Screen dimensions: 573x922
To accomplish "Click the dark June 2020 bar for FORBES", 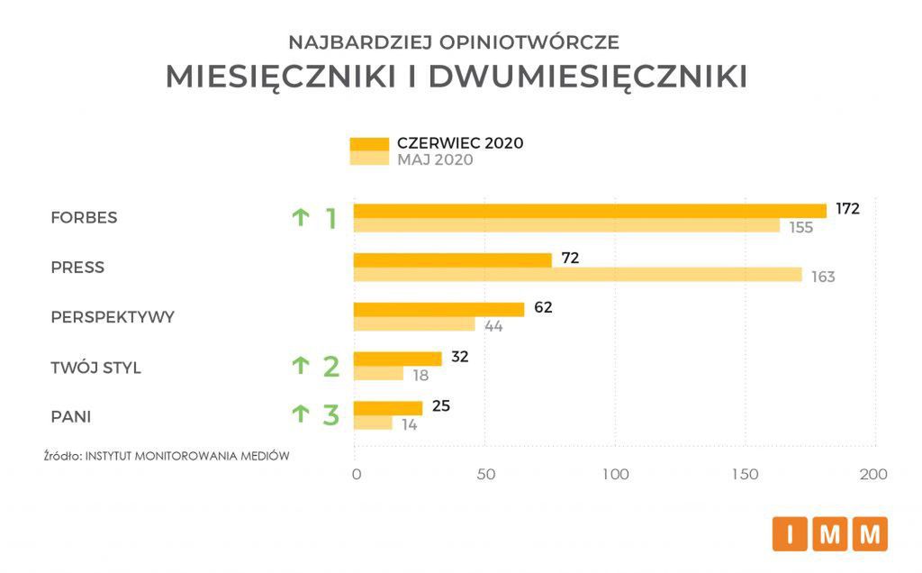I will [x=590, y=211].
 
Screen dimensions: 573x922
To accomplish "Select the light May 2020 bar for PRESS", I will [x=577, y=275].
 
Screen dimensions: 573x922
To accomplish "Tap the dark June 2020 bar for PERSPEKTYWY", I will [x=438, y=310].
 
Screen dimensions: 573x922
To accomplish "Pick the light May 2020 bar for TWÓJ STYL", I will [x=378, y=374].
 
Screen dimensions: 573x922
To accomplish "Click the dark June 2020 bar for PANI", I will [x=387, y=408].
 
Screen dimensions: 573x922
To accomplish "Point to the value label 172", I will [x=847, y=209].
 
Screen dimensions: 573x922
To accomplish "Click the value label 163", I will [x=823, y=277].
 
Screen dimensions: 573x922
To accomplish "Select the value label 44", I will [x=493, y=326].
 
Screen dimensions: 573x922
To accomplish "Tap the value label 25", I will [x=441, y=406].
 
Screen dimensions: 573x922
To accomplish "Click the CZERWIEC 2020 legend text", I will [x=460, y=143].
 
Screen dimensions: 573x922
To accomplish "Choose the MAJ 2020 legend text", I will [x=435, y=160].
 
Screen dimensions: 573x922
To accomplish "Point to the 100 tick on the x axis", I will [x=616, y=475].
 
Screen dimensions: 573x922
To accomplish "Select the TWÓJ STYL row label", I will [x=95, y=368].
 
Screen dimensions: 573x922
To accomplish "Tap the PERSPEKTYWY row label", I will [x=113, y=317].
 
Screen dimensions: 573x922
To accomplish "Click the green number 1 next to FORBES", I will [x=330, y=218].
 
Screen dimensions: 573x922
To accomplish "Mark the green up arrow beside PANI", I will [x=301, y=414].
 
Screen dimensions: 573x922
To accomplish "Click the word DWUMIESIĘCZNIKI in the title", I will [x=587, y=77].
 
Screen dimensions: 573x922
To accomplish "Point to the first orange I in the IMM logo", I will [x=790, y=534].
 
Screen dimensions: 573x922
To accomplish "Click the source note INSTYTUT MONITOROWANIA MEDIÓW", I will [x=186, y=456].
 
